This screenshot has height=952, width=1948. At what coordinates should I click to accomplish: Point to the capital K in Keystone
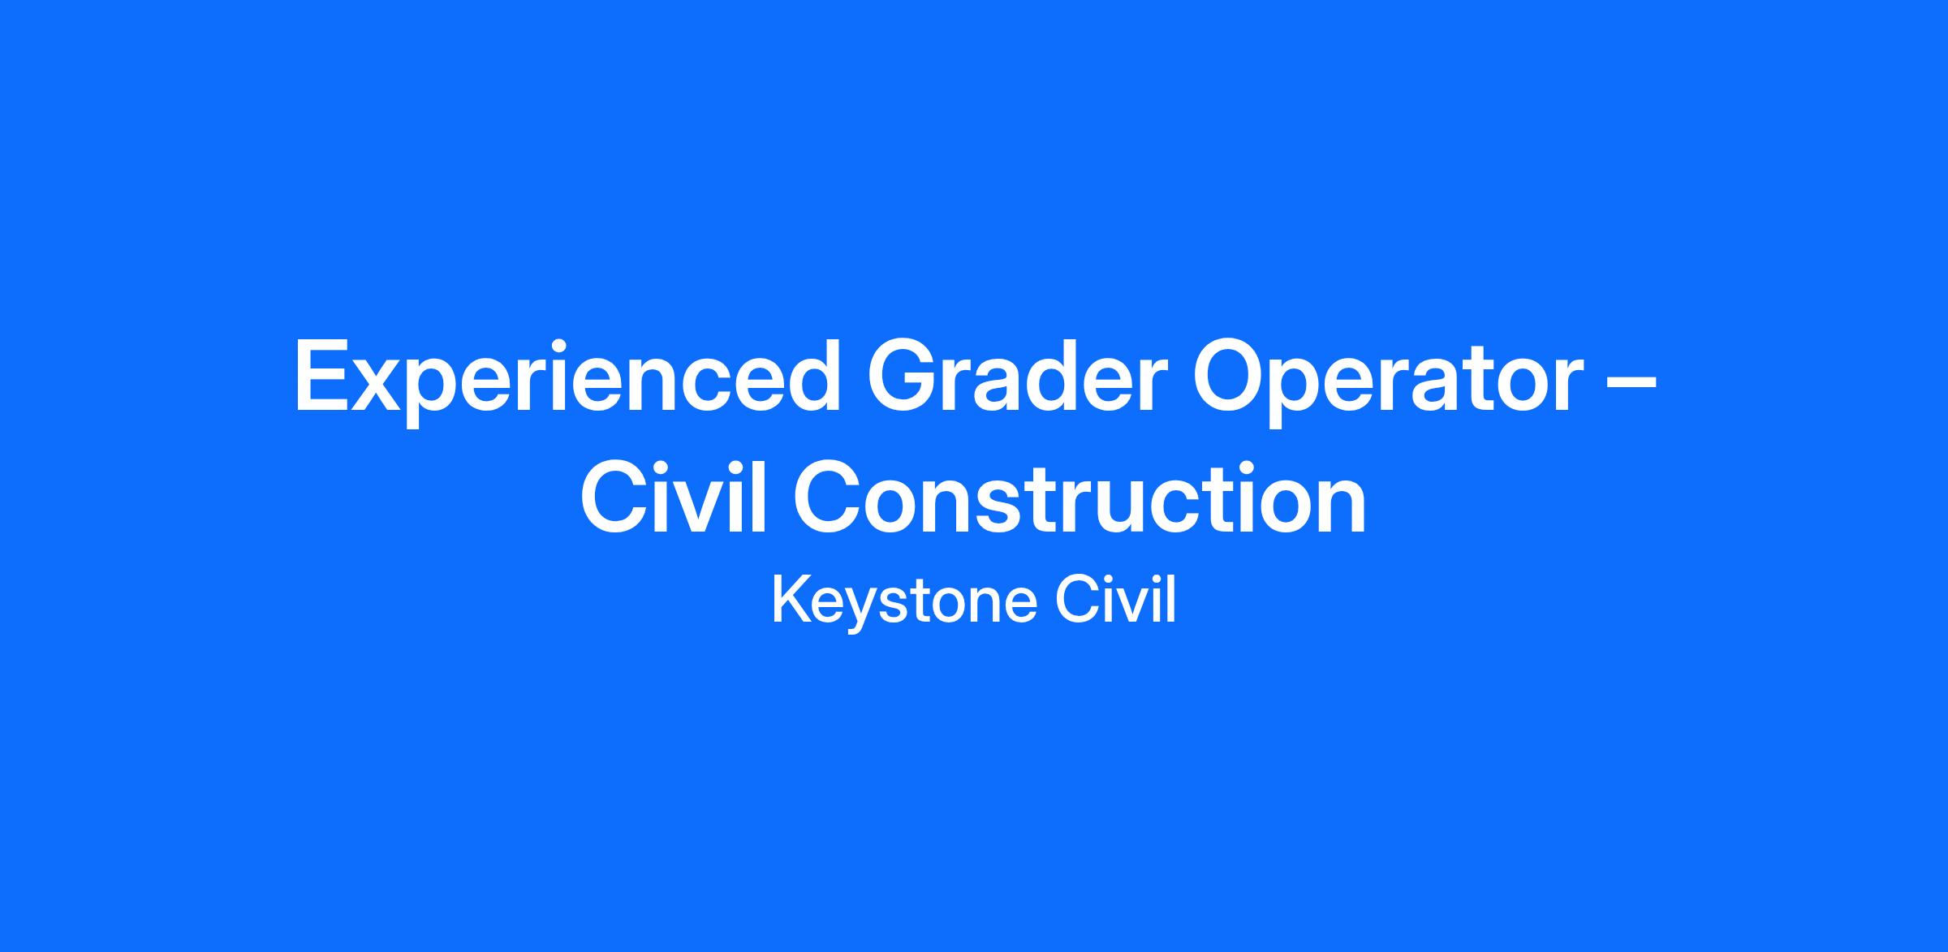(791, 600)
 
